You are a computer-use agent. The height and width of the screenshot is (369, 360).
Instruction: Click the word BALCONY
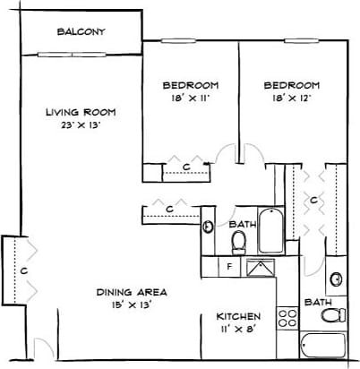(81, 32)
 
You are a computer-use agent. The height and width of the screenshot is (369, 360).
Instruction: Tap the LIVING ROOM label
(81, 112)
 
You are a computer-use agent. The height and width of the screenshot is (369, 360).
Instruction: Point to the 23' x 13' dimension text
(81, 125)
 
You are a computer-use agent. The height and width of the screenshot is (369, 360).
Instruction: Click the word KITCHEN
(238, 316)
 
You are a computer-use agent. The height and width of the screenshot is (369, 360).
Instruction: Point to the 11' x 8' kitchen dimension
(238, 330)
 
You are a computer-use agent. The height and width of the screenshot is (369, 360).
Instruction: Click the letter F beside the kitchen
(230, 266)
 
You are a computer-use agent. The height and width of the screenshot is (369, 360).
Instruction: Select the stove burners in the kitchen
(287, 317)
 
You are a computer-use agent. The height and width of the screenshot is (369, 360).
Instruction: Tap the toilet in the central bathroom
(239, 241)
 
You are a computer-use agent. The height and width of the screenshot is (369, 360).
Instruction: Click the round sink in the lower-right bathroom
(335, 279)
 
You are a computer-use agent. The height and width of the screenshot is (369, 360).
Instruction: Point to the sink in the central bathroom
(208, 227)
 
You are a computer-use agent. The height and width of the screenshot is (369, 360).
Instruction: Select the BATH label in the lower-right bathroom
(318, 302)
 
